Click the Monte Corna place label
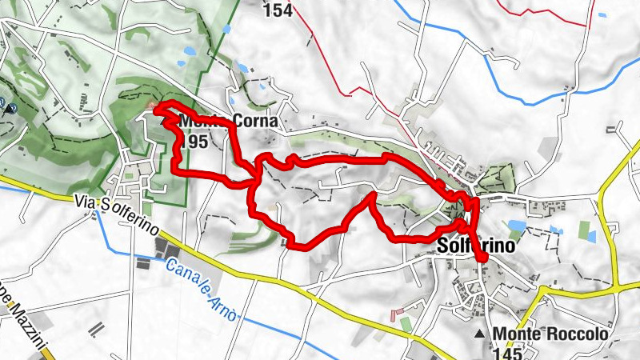(x=228, y=122)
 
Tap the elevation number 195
(x=194, y=142)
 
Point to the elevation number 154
(x=277, y=10)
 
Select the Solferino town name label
(x=475, y=247)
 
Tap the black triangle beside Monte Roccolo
(x=480, y=334)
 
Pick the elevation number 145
(x=508, y=352)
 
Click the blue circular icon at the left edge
(x=3, y=104)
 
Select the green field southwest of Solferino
(x=406, y=324)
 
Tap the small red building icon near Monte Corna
(x=152, y=106)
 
